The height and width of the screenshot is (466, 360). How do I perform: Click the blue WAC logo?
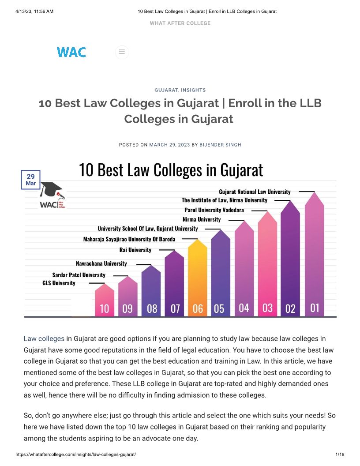coord(71,52)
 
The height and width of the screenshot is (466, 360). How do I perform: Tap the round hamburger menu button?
coord(122,52)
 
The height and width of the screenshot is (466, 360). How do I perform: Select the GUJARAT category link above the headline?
coord(166,90)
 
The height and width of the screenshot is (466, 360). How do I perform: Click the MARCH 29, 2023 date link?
coord(169,145)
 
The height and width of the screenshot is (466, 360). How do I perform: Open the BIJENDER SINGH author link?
coord(220,145)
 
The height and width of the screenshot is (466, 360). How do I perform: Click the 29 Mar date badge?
coord(30,180)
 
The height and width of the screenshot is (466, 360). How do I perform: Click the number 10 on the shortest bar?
coord(105,308)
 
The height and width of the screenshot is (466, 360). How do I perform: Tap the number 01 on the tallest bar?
coord(314,307)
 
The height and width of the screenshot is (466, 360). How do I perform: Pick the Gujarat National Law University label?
coord(255,192)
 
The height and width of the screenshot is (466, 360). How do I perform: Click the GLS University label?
coord(59,282)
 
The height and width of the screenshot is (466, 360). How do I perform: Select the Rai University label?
coord(135,250)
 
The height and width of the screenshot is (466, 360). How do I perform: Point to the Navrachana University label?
coord(101,263)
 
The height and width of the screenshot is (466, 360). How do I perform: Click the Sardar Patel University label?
coord(79,275)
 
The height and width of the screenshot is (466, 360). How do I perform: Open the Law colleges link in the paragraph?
coord(44,339)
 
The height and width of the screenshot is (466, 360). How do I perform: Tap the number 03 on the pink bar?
coord(267,308)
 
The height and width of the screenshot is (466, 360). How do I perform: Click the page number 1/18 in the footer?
coord(340,455)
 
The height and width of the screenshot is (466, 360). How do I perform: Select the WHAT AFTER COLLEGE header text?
coord(180,23)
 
